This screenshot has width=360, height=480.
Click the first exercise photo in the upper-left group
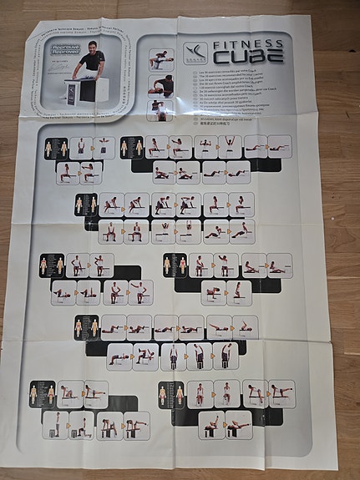80,149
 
